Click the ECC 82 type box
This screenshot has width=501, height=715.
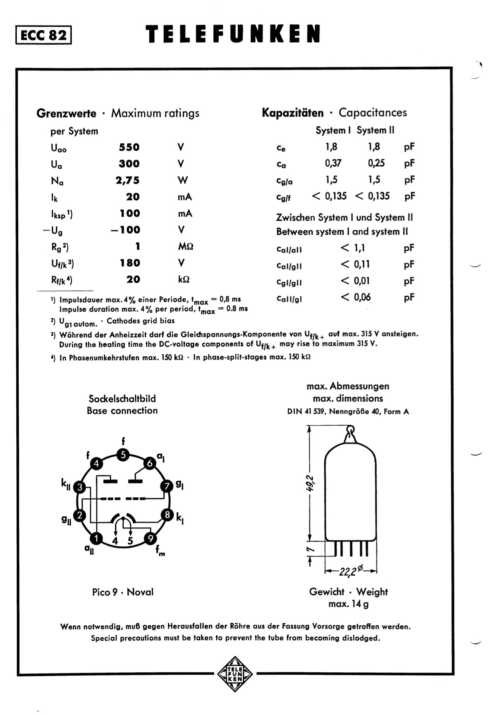(44, 35)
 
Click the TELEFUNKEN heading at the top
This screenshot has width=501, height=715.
(233, 34)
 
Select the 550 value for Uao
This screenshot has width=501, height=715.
(129, 147)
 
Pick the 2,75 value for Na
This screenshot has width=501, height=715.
(128, 181)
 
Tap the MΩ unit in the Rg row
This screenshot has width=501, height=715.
(186, 247)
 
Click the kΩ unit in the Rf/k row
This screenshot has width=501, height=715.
(184, 279)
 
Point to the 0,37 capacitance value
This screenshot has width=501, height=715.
(333, 163)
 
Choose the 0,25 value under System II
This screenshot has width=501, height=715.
(376, 163)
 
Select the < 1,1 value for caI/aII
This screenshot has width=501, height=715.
(353, 248)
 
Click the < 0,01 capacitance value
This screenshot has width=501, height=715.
(355, 281)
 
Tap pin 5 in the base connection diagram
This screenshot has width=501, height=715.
(123, 455)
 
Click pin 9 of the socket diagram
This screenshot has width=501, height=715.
(150, 539)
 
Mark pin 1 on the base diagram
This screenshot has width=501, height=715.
(96, 539)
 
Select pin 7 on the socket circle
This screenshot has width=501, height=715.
(167, 486)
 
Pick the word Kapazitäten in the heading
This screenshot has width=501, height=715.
(293, 113)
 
